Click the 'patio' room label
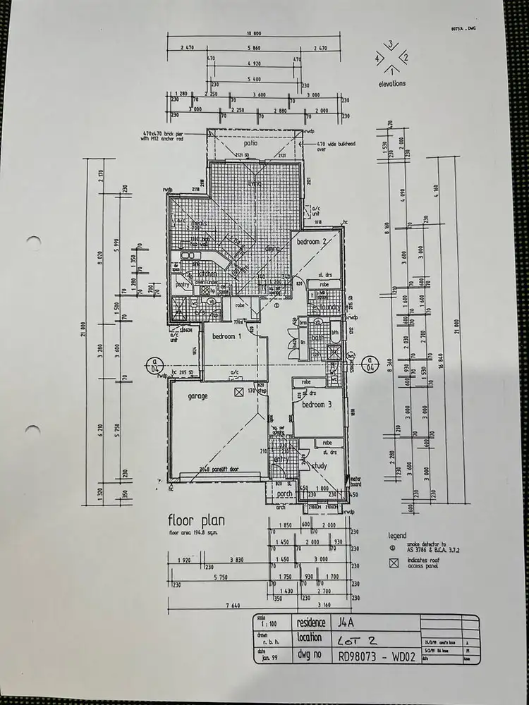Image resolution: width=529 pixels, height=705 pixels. click(247, 142)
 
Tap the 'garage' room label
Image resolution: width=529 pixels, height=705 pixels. click(197, 396)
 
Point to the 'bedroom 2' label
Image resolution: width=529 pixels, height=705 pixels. click(311, 242)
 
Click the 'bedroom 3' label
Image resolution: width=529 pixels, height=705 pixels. click(317, 405)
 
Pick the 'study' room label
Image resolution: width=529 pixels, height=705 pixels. click(320, 465)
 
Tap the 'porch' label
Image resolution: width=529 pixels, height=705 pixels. click(285, 493)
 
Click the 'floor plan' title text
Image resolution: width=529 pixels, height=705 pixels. click(196, 521)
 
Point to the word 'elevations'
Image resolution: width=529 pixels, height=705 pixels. click(392, 83)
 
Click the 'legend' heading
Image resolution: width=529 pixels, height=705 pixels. click(398, 537)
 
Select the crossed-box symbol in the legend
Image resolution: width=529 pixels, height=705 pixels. click(394, 563)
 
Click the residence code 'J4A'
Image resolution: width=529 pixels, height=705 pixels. click(347, 623)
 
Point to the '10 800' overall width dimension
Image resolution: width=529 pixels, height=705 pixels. click(255, 33)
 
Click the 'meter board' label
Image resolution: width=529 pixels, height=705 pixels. click(356, 482)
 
